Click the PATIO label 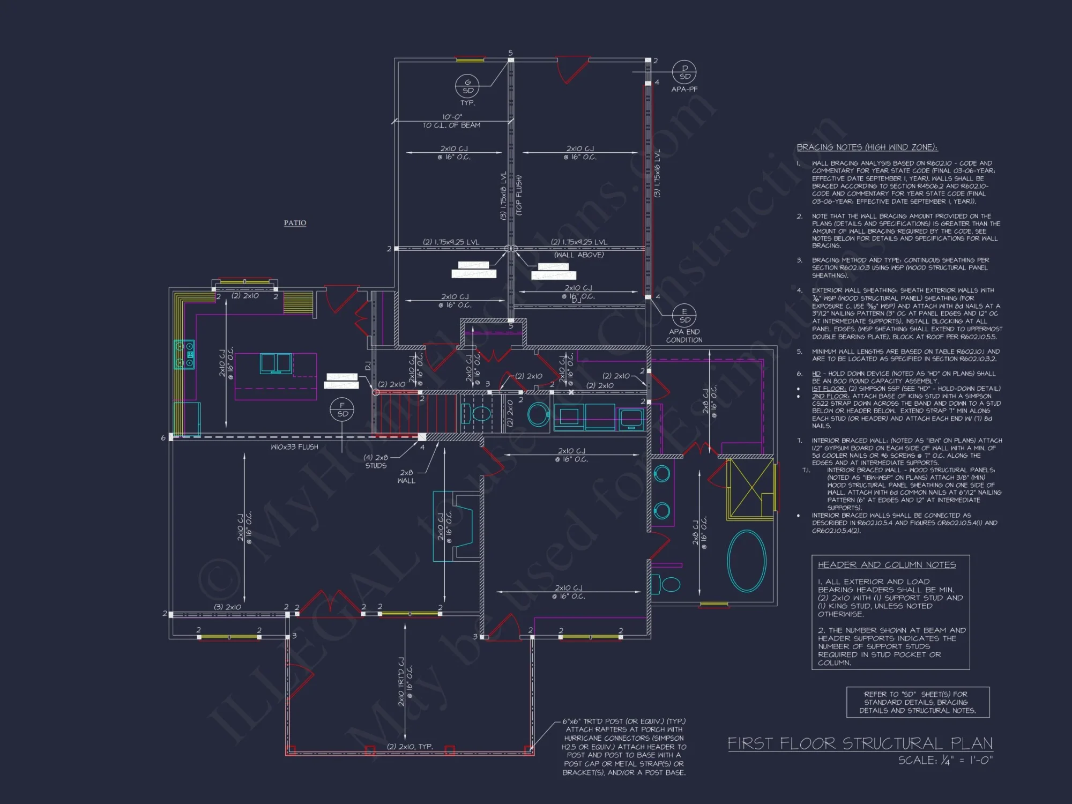(x=295, y=222)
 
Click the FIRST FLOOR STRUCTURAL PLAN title (x=860, y=743)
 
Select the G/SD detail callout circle (x=467, y=86)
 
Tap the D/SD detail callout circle (x=684, y=72)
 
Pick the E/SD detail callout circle (x=684, y=316)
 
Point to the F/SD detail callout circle (x=343, y=410)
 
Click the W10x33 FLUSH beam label (x=294, y=446)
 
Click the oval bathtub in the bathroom (x=747, y=561)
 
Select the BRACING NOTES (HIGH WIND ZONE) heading (x=867, y=147)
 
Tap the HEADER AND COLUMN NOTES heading (x=887, y=564)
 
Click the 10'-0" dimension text (x=452, y=117)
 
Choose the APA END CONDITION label (x=684, y=336)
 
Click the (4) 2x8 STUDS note (x=376, y=461)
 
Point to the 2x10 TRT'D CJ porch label (x=401, y=682)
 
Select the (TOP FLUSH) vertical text (x=519, y=196)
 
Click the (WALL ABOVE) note (x=579, y=255)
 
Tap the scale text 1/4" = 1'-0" (x=946, y=760)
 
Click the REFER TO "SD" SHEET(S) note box (x=918, y=702)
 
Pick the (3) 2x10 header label (x=227, y=607)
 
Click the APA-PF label (x=684, y=90)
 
